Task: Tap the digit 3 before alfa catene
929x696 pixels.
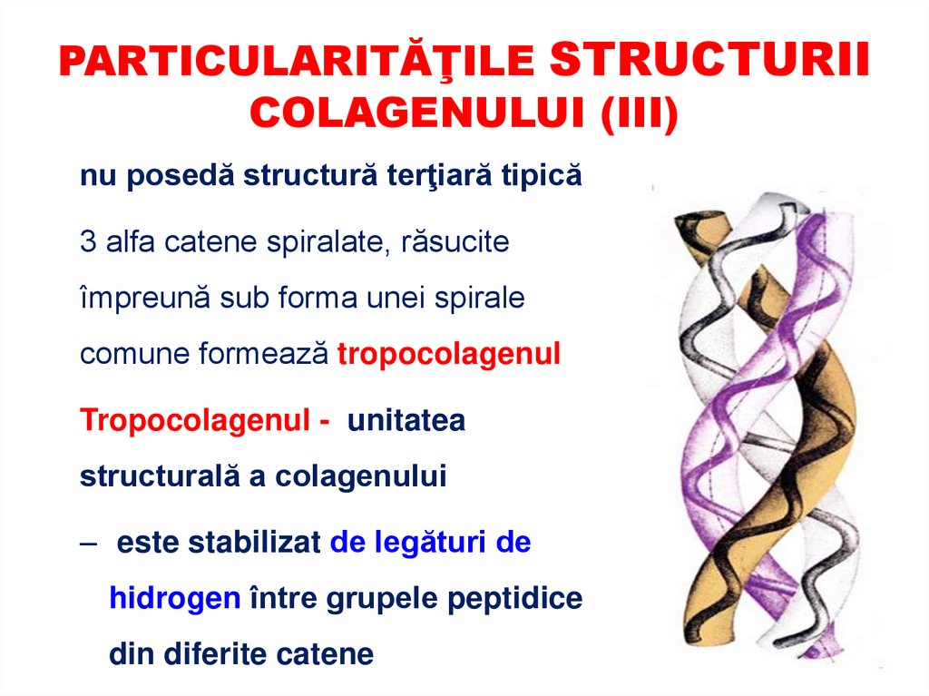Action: (88, 242)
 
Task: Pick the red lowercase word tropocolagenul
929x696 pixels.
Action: (449, 355)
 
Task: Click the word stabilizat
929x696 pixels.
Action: (256, 544)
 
